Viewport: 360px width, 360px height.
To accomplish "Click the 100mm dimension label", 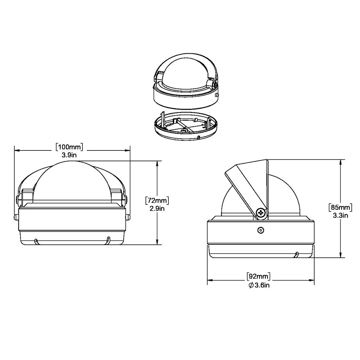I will pos(69,147).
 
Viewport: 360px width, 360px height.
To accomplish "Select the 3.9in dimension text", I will pos(69,154).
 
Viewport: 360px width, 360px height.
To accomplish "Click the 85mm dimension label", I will pos(340,208).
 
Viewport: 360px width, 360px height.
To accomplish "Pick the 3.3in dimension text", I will pos(340,216).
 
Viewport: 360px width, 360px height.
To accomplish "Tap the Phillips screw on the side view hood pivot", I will pos(261,213).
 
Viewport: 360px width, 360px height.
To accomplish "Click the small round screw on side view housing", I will pos(260,230).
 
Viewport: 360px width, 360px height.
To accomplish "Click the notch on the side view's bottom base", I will pos(296,255).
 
